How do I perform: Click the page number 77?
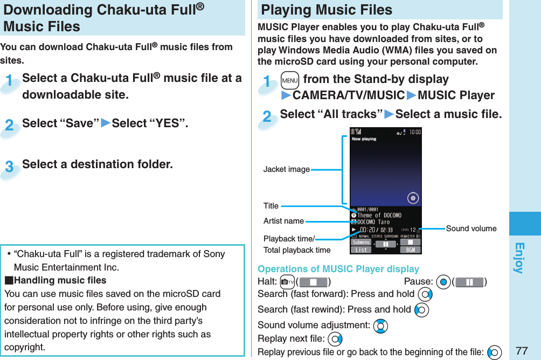(521, 351)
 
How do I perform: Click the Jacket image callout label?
(286, 169)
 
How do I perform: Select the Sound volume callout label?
(471, 229)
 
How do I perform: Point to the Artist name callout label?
(283, 221)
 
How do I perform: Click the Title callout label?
(271, 206)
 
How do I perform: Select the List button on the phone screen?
(362, 250)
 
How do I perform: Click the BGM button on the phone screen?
(410, 250)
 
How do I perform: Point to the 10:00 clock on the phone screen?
(414, 131)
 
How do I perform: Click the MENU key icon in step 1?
(289, 80)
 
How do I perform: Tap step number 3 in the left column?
(9, 167)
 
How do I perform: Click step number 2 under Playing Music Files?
(267, 116)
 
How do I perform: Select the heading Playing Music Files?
(327, 10)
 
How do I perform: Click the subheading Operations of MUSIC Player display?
(338, 269)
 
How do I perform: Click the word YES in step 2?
(167, 123)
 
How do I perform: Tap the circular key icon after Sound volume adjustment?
(380, 326)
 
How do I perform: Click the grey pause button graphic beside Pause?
(469, 282)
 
